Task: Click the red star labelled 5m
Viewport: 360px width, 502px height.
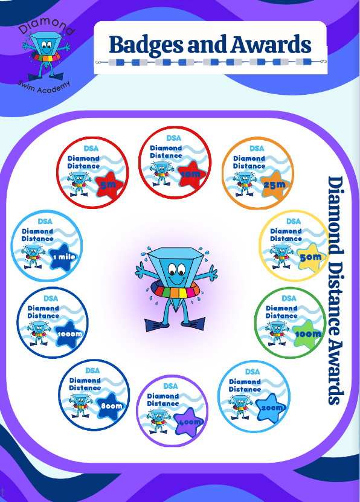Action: [x=109, y=185]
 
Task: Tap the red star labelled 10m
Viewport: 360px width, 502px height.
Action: [x=191, y=175]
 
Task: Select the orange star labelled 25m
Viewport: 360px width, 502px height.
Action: [x=275, y=185]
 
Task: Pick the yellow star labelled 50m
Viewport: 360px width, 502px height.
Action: [x=311, y=257]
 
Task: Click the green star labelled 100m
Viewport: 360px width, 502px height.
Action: [x=307, y=334]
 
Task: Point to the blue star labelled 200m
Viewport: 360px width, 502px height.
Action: [x=271, y=408]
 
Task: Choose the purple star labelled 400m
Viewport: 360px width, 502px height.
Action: [x=189, y=422]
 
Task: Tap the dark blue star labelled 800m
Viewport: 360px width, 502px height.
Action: [x=111, y=406]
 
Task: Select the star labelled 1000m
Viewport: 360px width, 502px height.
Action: [x=69, y=334]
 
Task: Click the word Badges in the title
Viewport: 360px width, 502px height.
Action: [x=146, y=45]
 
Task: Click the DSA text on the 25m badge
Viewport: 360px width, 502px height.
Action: [x=257, y=149]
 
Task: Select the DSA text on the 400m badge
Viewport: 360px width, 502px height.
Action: [x=170, y=386]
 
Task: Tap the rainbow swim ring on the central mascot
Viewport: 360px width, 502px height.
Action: [x=176, y=292]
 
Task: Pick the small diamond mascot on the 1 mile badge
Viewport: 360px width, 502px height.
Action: [x=33, y=257]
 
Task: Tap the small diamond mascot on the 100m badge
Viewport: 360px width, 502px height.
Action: [x=277, y=333]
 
